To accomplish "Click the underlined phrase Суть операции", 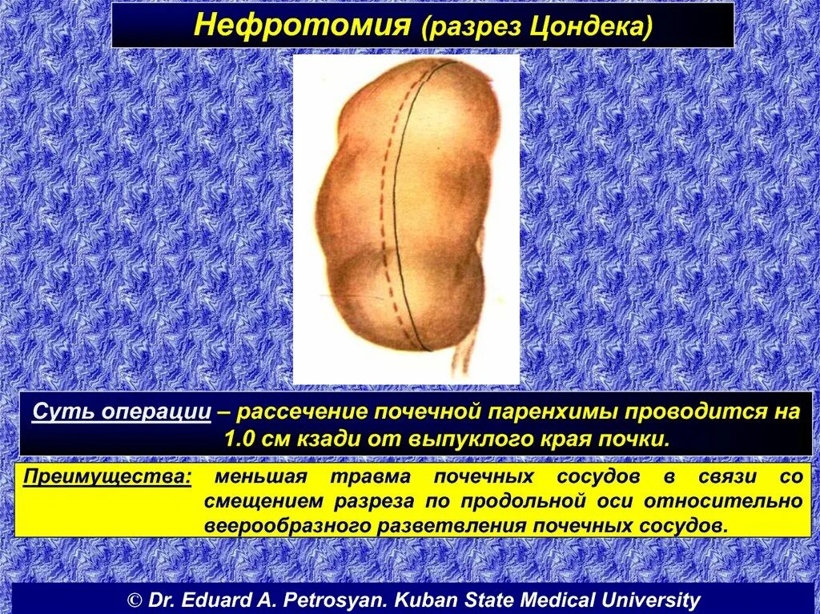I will click(x=122, y=412).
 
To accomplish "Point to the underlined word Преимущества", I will click(x=107, y=477).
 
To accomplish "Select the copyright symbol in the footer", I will click(x=135, y=600).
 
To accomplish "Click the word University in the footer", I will click(x=652, y=600).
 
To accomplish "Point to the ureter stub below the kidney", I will click(x=464, y=352).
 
